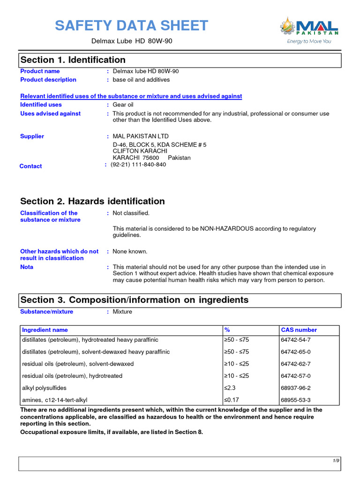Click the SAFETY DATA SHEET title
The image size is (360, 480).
(x=131, y=25)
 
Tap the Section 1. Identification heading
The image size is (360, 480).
(x=73, y=60)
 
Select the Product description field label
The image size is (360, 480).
(x=48, y=80)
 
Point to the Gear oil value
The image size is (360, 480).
(x=123, y=105)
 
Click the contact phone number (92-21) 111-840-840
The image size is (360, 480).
(x=138, y=165)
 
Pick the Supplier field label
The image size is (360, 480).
(x=32, y=136)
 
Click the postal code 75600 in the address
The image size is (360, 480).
(x=151, y=158)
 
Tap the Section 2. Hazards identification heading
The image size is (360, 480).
(x=92, y=202)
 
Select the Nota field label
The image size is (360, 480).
(x=27, y=267)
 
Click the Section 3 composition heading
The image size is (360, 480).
(x=134, y=300)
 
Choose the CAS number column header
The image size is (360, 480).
(x=299, y=330)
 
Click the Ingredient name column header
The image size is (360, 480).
(x=45, y=330)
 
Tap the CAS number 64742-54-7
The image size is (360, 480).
(x=296, y=340)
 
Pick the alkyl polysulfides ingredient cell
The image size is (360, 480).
(x=45, y=388)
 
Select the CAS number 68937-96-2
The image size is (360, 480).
(x=296, y=388)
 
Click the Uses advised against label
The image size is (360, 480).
(x=50, y=113)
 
